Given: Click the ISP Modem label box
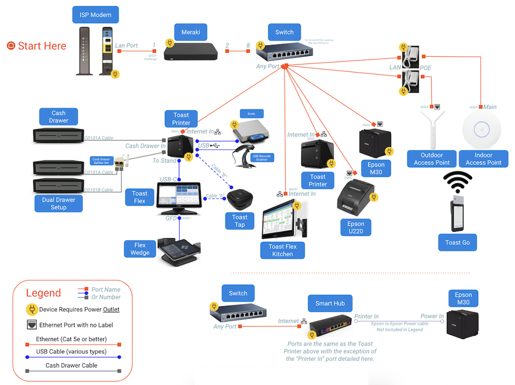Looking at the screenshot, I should (x=96, y=15).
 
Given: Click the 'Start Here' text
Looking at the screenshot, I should (x=42, y=46).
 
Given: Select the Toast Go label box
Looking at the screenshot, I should (x=457, y=242).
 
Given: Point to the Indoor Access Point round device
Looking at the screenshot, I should (x=483, y=130).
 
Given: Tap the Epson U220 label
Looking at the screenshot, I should (x=356, y=228).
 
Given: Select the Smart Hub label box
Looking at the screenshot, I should (x=330, y=303).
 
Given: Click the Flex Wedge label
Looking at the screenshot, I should (x=140, y=249).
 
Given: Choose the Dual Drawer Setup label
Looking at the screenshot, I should (x=59, y=203).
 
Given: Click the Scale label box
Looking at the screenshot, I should (x=251, y=114).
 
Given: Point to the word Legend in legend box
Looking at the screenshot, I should (x=43, y=293).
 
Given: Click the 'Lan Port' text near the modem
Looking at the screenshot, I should (x=126, y=46).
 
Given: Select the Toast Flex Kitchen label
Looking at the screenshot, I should (x=283, y=250).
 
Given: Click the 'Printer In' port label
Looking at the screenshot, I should (x=366, y=316).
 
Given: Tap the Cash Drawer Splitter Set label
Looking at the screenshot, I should (x=101, y=162).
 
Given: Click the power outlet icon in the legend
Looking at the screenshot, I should (x=32, y=309).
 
